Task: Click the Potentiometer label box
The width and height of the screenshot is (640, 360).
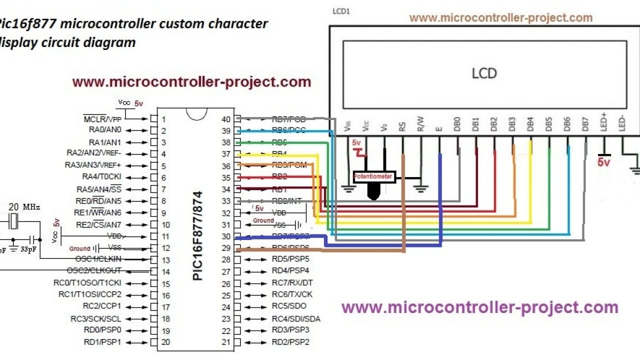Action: pyautogui.click(x=373, y=176)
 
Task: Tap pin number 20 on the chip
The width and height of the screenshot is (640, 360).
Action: pyautogui.click(x=165, y=342)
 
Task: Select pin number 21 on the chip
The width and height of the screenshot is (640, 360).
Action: pyautogui.click(x=226, y=342)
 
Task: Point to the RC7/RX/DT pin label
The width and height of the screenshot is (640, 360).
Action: pyautogui.click(x=292, y=283)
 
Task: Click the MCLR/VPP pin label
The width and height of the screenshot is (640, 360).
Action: pyautogui.click(x=102, y=119)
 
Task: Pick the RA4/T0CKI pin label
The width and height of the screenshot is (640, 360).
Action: pyautogui.click(x=101, y=177)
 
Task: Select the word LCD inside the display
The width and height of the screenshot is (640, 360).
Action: pyautogui.click(x=484, y=73)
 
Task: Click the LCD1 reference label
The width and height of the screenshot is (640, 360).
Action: pyautogui.click(x=341, y=11)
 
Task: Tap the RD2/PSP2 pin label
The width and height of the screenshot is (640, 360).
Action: pyautogui.click(x=290, y=342)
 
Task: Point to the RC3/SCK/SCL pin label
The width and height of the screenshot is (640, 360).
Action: pyautogui.click(x=96, y=318)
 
